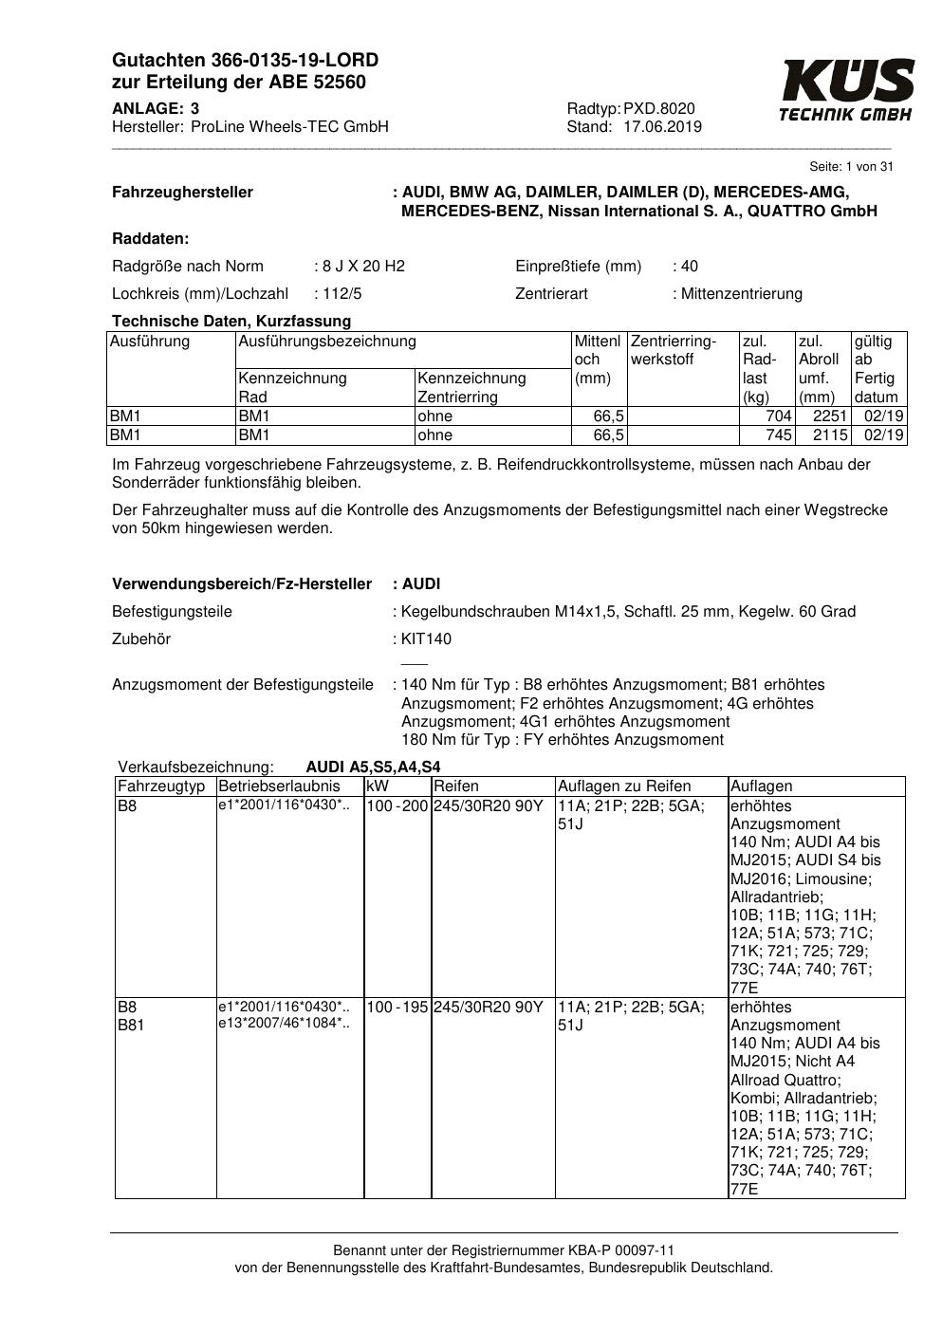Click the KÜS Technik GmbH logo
(846, 90)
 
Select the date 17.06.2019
(662, 127)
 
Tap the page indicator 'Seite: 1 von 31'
(852, 167)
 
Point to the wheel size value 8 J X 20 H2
(362, 266)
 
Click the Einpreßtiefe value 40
(689, 266)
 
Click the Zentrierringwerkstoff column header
(674, 349)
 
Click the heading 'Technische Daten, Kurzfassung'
(231, 321)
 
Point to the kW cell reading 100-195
(397, 1007)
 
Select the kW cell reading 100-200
(397, 806)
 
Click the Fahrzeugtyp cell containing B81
(130, 1025)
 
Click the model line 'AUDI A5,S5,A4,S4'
(373, 767)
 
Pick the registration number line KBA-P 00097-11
(504, 1250)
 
